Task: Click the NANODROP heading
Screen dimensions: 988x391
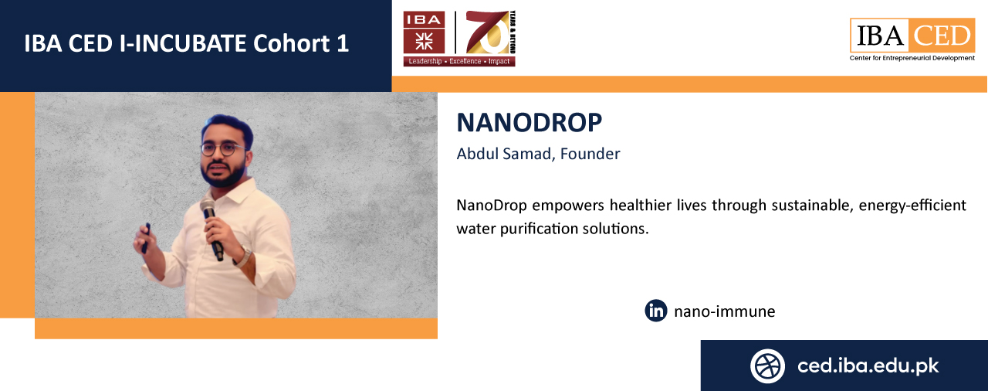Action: click(529, 122)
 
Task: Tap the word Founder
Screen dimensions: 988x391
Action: click(590, 154)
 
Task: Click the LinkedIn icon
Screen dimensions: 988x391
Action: click(656, 311)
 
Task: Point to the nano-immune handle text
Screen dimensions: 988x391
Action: click(724, 311)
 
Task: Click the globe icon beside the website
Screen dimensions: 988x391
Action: click(767, 365)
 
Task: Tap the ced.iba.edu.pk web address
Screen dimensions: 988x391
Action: click(868, 365)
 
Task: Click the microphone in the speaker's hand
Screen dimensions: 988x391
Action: click(211, 229)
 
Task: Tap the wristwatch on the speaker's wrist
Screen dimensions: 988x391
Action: click(243, 257)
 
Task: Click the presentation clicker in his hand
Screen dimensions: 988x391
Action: click(146, 238)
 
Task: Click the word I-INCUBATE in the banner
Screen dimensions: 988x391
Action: click(183, 44)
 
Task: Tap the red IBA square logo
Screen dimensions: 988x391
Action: click(424, 32)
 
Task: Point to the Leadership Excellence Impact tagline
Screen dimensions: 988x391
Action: click(459, 61)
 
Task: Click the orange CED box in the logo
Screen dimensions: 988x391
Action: click(941, 36)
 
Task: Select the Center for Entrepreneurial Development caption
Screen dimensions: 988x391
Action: click(912, 58)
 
